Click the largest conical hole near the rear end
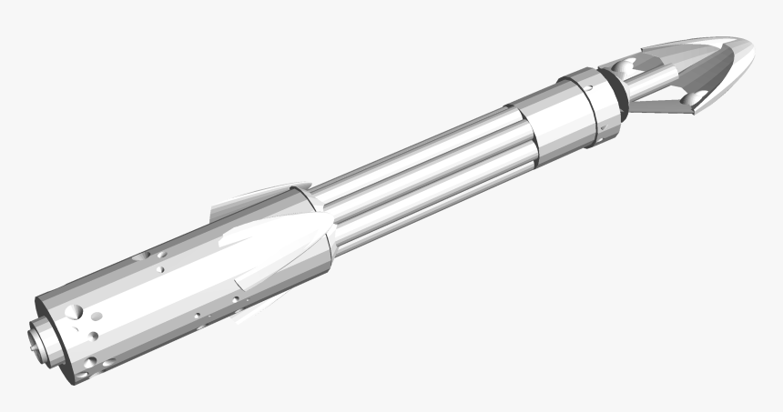click(x=77, y=313)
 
